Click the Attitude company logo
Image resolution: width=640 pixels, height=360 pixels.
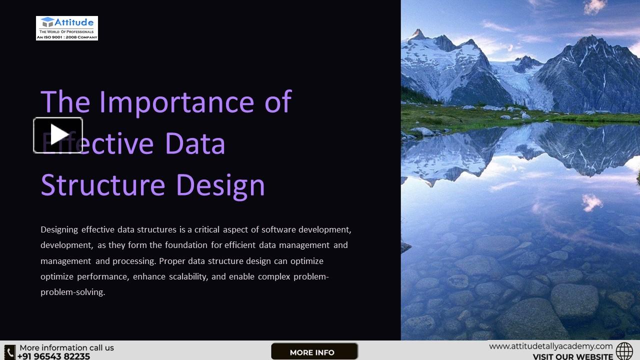(66, 28)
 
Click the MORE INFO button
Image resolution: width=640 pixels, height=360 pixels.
(313, 352)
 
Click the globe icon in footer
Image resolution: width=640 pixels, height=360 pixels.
(624, 351)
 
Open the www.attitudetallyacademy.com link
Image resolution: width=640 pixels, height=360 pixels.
(550, 346)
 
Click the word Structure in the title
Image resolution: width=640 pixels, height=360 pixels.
(102, 185)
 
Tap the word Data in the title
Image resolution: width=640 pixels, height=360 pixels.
(195, 143)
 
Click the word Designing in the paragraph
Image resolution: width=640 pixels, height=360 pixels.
(59, 230)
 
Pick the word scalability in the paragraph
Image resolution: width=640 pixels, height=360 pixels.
(183, 276)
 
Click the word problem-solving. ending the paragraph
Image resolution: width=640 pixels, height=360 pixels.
(72, 292)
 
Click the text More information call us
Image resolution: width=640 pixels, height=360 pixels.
(66, 347)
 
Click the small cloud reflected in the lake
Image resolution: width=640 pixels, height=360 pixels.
(592, 202)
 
